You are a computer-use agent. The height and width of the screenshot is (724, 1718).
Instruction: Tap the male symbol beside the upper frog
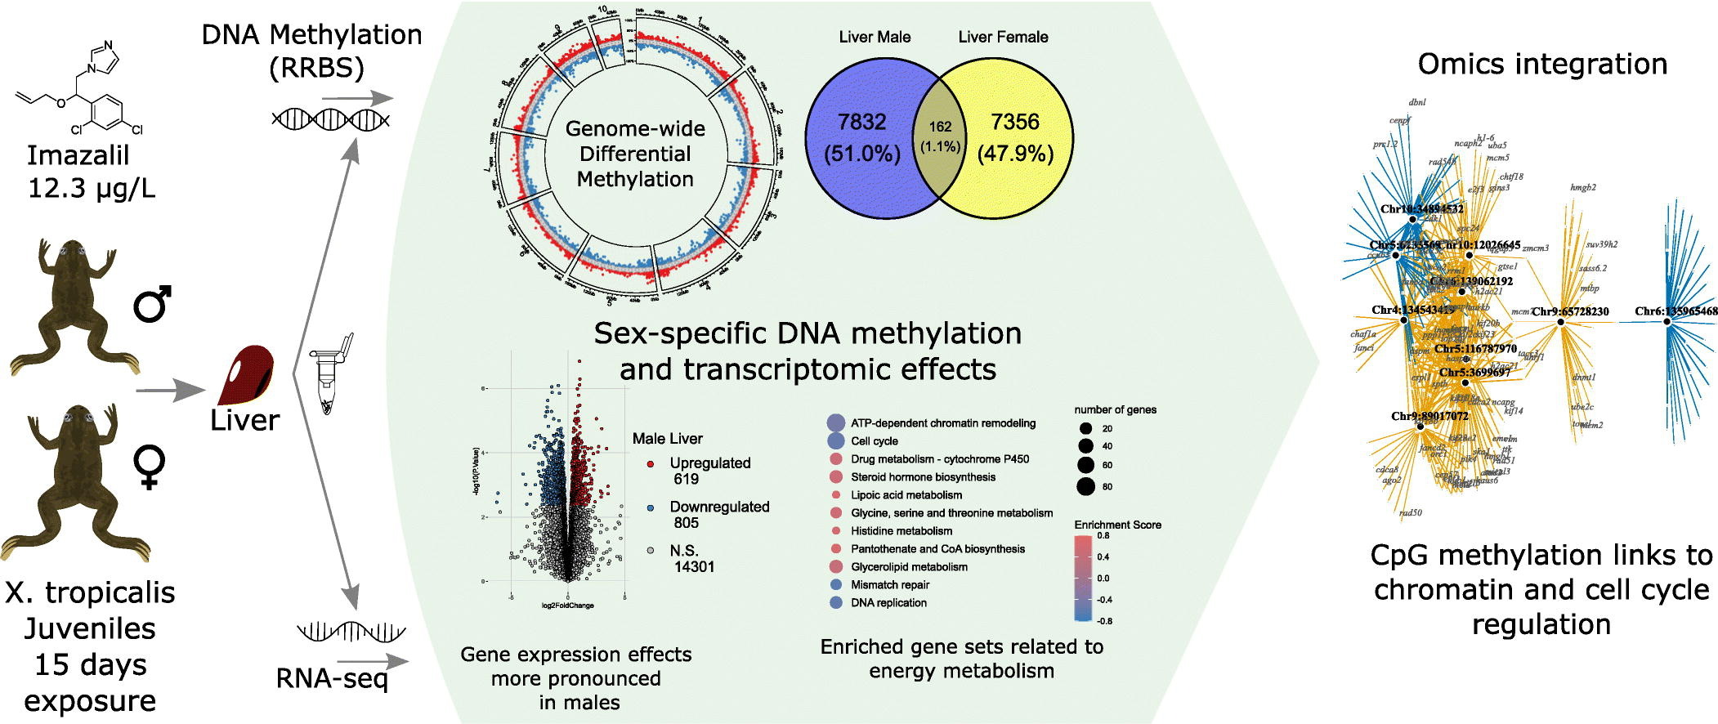point(152,304)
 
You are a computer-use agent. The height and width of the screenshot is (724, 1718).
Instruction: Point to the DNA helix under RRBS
point(330,119)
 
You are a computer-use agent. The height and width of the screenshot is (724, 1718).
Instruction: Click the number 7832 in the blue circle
point(861,123)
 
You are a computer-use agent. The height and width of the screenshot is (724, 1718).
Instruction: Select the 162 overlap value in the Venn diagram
point(940,127)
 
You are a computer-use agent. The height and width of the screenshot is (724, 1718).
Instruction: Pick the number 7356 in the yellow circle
point(1015,123)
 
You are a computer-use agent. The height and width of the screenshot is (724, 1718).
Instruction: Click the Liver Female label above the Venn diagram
point(1003,37)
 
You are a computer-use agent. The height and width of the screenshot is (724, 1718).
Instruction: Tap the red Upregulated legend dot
point(651,463)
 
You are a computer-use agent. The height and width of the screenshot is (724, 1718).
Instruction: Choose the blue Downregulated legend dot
point(651,507)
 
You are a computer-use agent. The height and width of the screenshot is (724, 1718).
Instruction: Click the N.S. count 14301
point(694,566)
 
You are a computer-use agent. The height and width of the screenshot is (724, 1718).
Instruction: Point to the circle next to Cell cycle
point(835,441)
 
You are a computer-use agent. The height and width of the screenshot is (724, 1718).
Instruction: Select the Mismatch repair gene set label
point(890,585)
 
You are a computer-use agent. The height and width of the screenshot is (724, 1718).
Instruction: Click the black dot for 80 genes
point(1085,487)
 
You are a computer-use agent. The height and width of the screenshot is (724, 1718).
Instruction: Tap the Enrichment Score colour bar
point(1083,578)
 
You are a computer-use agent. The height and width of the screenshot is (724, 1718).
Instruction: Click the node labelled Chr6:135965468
point(1667,321)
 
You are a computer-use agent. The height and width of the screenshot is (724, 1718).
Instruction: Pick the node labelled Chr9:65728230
point(1560,322)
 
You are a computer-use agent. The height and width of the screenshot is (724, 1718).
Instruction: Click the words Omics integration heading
point(1542,64)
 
